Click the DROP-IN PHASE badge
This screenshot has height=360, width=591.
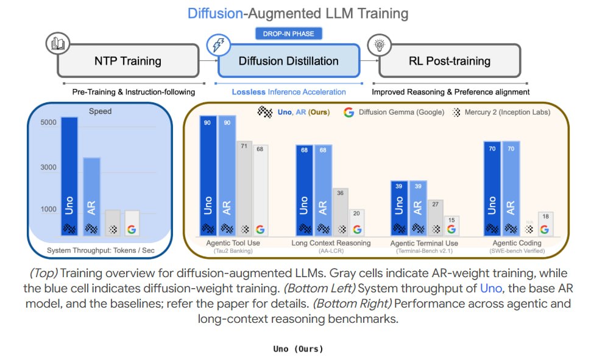pyautogui.click(x=288, y=34)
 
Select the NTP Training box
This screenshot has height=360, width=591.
pyautogui.click(x=128, y=61)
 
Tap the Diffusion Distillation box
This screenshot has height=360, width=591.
pyautogui.click(x=289, y=61)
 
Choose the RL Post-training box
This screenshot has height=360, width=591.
pyautogui.click(x=450, y=61)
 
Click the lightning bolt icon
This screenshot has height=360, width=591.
pyautogui.click(x=219, y=45)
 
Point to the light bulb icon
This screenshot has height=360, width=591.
pyautogui.click(x=379, y=45)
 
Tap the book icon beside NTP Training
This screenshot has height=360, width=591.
pyautogui.click(x=58, y=43)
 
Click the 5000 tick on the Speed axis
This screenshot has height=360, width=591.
pyautogui.click(x=48, y=122)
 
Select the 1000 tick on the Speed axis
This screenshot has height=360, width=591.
pyautogui.click(x=48, y=209)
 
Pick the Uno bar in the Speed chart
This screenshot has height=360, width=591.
pyautogui.click(x=69, y=177)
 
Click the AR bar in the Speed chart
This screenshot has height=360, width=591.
pyautogui.click(x=91, y=197)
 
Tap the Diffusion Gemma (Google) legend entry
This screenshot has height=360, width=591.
pyautogui.click(x=394, y=112)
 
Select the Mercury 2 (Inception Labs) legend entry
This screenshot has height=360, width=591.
pyautogui.click(x=501, y=112)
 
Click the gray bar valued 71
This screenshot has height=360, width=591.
pyautogui.click(x=244, y=188)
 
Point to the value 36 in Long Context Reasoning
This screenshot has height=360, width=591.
pyautogui.click(x=341, y=193)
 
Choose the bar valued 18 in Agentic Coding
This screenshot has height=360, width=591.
pyautogui.click(x=545, y=224)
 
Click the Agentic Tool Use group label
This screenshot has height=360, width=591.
pyautogui.click(x=233, y=243)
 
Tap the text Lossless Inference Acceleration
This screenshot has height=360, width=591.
pyautogui.click(x=289, y=92)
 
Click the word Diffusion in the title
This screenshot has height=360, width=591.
pyautogui.click(x=215, y=13)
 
